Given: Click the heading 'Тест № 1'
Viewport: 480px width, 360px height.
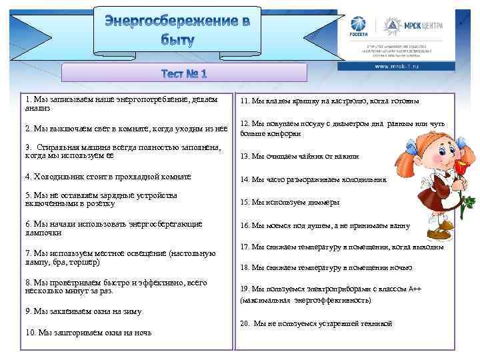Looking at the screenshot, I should (x=183, y=73).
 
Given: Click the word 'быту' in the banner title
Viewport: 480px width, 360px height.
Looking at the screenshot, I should (x=177, y=41).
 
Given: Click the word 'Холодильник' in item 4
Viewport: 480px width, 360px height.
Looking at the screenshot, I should (x=56, y=177).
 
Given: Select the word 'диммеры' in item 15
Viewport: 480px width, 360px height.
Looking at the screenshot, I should (x=324, y=202).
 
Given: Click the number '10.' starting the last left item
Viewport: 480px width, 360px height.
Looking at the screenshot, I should (x=31, y=332).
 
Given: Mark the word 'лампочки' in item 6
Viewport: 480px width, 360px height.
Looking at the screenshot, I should (x=43, y=233).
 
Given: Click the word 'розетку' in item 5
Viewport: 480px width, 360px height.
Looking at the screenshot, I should (x=145, y=204).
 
